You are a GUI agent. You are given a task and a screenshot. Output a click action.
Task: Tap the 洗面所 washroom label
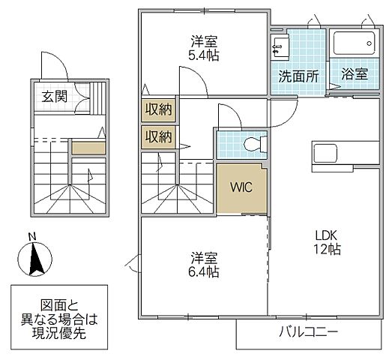pyautogui.click(x=298, y=75)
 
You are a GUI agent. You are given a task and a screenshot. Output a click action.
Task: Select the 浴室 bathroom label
pyautogui.click(x=355, y=75)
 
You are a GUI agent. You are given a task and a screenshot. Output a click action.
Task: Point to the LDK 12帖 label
pyautogui.click(x=328, y=241)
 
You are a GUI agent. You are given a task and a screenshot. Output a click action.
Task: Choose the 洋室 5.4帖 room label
pyautogui.click(x=204, y=47)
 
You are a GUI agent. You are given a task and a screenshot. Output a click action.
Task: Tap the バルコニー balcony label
pyautogui.click(x=310, y=331)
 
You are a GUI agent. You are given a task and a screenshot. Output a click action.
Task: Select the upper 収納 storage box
pyautogui.click(x=158, y=109)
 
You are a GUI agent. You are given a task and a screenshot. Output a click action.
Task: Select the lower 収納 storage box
pyautogui.click(x=158, y=136)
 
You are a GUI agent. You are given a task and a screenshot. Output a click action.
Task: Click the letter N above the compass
pyautogui.click(x=31, y=238)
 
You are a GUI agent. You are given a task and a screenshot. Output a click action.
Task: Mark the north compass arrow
pyautogui.click(x=32, y=260)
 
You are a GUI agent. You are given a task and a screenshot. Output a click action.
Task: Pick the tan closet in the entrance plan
pyautogui.click(x=88, y=147)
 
